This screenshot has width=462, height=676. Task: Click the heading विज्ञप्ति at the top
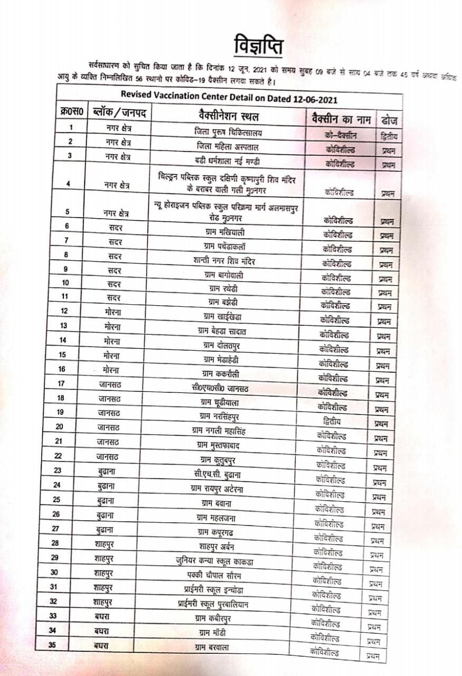pyautogui.click(x=258, y=47)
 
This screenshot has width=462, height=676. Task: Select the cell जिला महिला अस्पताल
pyautogui.click(x=227, y=146)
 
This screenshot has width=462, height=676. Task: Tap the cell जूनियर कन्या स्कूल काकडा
pyautogui.click(x=214, y=561)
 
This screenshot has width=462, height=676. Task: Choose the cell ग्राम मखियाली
pyautogui.click(x=224, y=232)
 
